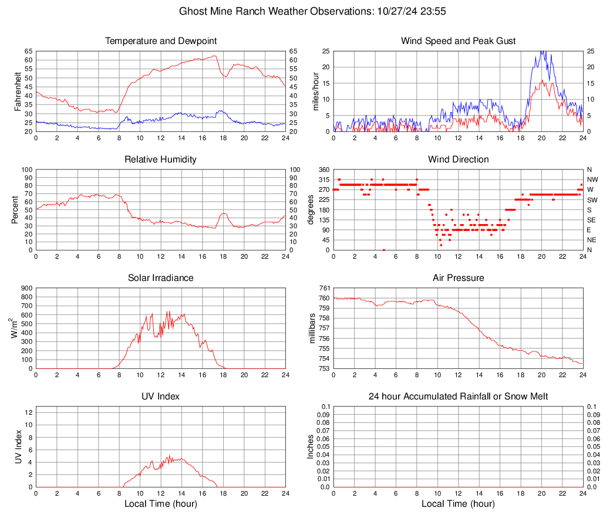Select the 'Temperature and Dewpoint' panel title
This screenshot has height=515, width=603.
[161, 41]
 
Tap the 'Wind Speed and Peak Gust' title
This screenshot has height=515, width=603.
[459, 41]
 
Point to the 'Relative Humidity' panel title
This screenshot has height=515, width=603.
[161, 160]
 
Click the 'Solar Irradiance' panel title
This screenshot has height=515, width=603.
[161, 278]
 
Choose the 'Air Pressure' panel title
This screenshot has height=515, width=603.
[459, 278]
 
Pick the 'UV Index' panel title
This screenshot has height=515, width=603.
[161, 397]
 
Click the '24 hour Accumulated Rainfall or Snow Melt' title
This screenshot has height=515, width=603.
[459, 397]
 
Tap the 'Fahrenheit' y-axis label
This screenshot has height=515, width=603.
[17, 91]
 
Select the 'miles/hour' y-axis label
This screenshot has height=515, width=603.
[315, 91]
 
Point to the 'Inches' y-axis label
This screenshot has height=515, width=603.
[311, 446]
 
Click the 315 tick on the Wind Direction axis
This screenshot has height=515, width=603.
[323, 179]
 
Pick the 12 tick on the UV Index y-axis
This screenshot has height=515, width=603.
[28, 412]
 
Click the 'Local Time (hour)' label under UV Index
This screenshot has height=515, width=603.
[161, 504]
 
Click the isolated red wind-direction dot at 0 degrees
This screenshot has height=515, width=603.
[383, 250]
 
